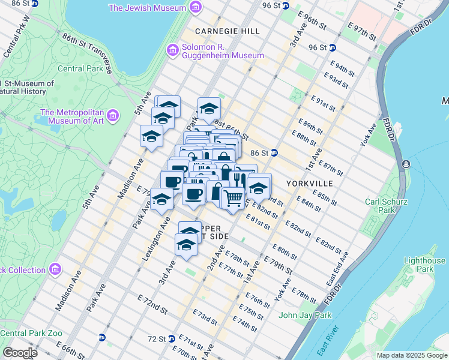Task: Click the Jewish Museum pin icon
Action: coord(195,8)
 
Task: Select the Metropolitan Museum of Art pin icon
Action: coord(116,114)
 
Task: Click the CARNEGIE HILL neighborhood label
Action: coord(228,31)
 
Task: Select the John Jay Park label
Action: coord(305,315)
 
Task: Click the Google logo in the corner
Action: coord(19,353)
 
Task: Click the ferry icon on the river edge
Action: coord(407,164)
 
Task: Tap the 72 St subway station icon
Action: coord(171,338)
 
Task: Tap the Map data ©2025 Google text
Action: coord(412,355)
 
